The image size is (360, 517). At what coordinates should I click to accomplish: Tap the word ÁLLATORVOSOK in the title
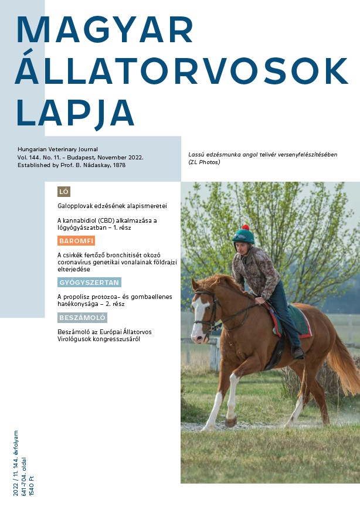pyautogui.click(x=182, y=72)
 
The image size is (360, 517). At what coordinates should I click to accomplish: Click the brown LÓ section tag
pyautogui.click(x=64, y=192)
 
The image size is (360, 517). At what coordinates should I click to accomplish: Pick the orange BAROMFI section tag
pyautogui.click(x=76, y=241)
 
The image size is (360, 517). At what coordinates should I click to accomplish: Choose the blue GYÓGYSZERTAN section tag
pyautogui.click(x=89, y=283)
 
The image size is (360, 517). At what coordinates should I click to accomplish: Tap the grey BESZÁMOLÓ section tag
pyautogui.click(x=82, y=318)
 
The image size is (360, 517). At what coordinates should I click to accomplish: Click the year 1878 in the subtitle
pyautogui.click(x=118, y=165)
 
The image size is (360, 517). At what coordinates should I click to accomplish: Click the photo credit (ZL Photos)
pyautogui.click(x=204, y=162)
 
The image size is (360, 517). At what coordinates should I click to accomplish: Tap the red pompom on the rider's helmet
pyautogui.click(x=246, y=227)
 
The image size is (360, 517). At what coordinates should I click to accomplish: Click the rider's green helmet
pyautogui.click(x=243, y=236)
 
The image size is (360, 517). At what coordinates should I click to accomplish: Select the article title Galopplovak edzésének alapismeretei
pyautogui.click(x=112, y=206)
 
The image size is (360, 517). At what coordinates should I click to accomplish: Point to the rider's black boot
pyautogui.click(x=297, y=352)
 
